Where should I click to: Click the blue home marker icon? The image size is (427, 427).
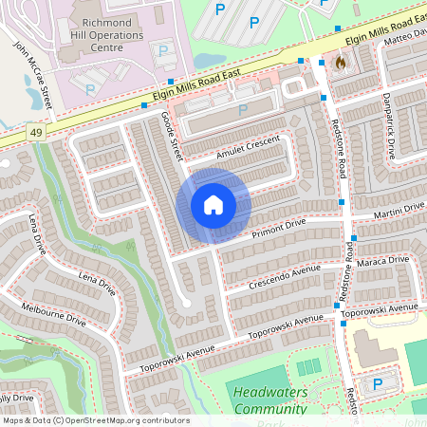[213, 205]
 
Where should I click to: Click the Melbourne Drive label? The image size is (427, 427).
[53, 316]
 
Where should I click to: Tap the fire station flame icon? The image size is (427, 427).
[340, 62]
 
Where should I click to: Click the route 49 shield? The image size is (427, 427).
[36, 131]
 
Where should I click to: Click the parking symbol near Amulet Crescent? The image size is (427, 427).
[242, 109]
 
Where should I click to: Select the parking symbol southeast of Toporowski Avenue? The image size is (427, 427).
[378, 384]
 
